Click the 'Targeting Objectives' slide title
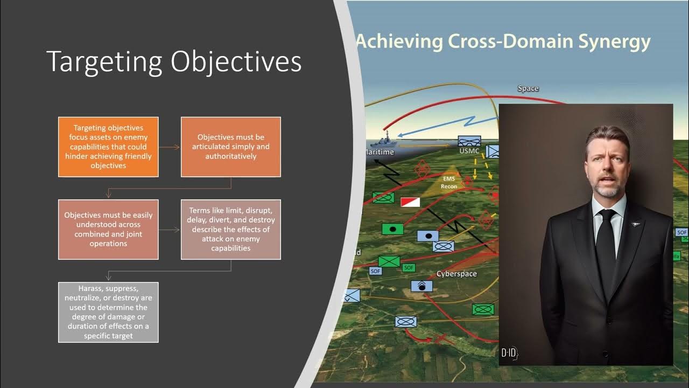click(x=174, y=61)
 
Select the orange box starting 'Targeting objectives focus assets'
click(x=108, y=147)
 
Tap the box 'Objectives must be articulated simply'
click(x=230, y=147)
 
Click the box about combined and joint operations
click(x=108, y=229)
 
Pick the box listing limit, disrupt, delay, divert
click(x=230, y=229)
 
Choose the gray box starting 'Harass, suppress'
click(x=108, y=312)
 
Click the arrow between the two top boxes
click(x=170, y=147)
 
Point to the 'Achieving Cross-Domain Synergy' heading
click(x=503, y=41)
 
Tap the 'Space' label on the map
click(x=528, y=88)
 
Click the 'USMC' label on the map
click(x=468, y=151)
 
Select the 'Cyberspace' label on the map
click(x=456, y=274)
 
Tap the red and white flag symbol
click(x=410, y=202)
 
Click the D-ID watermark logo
click(x=509, y=353)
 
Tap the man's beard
click(x=607, y=189)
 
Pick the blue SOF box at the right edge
click(x=681, y=232)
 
